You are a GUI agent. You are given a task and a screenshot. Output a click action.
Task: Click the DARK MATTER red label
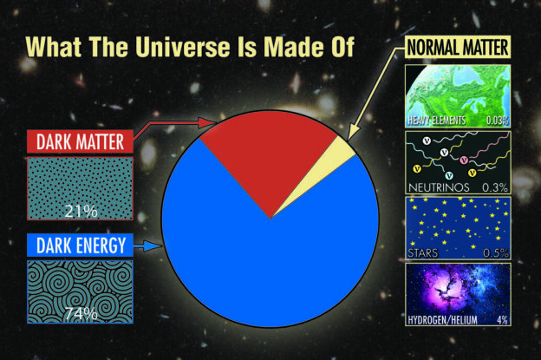point(80,141)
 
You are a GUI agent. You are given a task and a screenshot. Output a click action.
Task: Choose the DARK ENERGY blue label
point(80,245)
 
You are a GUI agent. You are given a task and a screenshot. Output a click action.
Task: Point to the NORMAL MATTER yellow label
point(458,47)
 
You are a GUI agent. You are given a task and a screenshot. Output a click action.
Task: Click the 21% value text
point(81,211)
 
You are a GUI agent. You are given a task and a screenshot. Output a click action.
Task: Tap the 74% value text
point(81,314)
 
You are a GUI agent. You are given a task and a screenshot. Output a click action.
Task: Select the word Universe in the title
point(182,47)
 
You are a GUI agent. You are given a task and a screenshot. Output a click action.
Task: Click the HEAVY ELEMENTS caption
point(436,121)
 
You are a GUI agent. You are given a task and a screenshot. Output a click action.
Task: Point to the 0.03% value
point(497,121)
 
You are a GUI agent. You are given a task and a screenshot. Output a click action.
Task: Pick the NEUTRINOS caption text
point(439,187)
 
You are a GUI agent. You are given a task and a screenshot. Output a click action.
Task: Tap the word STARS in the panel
point(423,253)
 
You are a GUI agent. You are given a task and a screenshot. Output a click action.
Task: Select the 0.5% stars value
point(496,253)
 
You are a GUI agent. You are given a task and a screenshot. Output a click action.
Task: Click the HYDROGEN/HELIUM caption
point(443,320)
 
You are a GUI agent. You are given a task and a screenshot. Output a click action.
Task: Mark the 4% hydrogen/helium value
point(502,320)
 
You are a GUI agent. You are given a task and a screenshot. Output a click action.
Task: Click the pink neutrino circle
point(464,160)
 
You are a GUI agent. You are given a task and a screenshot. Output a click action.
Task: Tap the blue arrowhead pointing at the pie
point(154,245)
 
